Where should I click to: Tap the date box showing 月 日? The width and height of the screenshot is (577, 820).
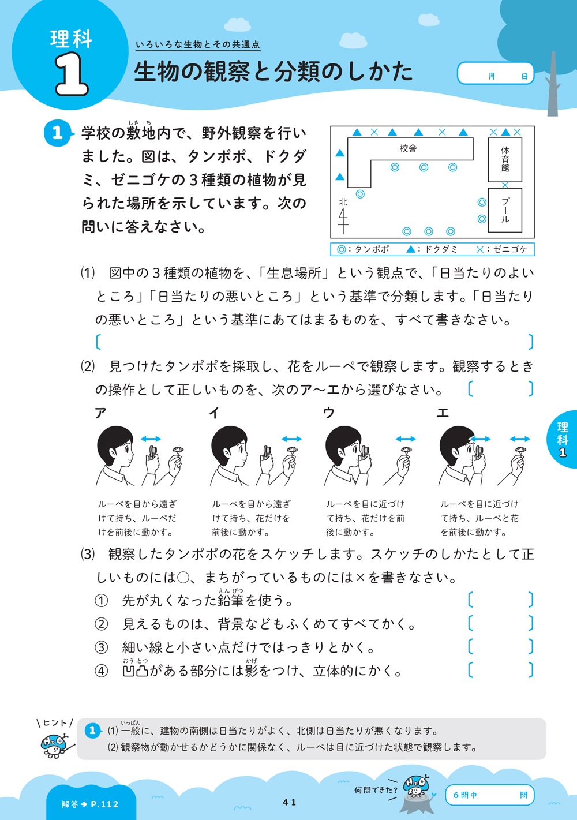pyautogui.click(x=495, y=74)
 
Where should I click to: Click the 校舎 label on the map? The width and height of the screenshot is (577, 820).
pyautogui.click(x=409, y=149)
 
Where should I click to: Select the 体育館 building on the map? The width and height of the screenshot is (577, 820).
pyautogui.click(x=505, y=159)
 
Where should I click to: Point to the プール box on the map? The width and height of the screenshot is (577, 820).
pyautogui.click(x=505, y=210)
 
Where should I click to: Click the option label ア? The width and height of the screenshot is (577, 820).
pyautogui.click(x=101, y=413)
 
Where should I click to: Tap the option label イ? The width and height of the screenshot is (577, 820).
pyautogui.click(x=215, y=413)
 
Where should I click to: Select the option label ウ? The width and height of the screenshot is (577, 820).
pyautogui.click(x=329, y=413)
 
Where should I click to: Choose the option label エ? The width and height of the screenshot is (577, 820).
pyautogui.click(x=443, y=413)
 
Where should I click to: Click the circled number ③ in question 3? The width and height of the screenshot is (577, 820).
pyautogui.click(x=102, y=647)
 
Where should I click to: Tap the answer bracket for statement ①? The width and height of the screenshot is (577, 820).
pyautogui.click(x=500, y=600)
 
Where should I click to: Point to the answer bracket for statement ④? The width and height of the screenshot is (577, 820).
pyautogui.click(x=500, y=671)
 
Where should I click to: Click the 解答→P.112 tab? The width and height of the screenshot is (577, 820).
pyautogui.click(x=91, y=804)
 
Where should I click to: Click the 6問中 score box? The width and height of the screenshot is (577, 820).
pyautogui.click(x=489, y=795)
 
